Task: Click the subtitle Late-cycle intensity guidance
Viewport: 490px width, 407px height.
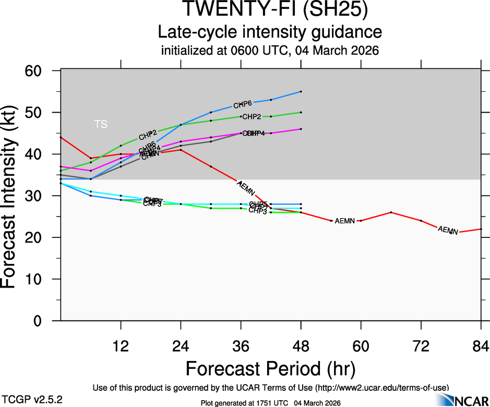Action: click(270, 32)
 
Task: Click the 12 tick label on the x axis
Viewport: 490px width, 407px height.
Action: click(121, 345)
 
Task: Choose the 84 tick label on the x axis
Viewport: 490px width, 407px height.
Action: click(481, 345)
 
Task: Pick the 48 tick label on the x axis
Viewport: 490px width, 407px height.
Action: click(301, 345)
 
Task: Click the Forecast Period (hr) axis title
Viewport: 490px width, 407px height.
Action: click(270, 368)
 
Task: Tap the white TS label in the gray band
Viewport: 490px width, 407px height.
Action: click(101, 124)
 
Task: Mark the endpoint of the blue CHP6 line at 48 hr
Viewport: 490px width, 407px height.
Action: click(301, 91)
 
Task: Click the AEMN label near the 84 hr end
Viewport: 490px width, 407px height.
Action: click(448, 230)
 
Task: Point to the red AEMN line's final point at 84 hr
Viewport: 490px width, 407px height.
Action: click(481, 229)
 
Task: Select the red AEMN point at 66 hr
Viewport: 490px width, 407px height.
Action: click(391, 212)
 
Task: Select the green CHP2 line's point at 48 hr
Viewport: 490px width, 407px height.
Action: click(301, 112)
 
